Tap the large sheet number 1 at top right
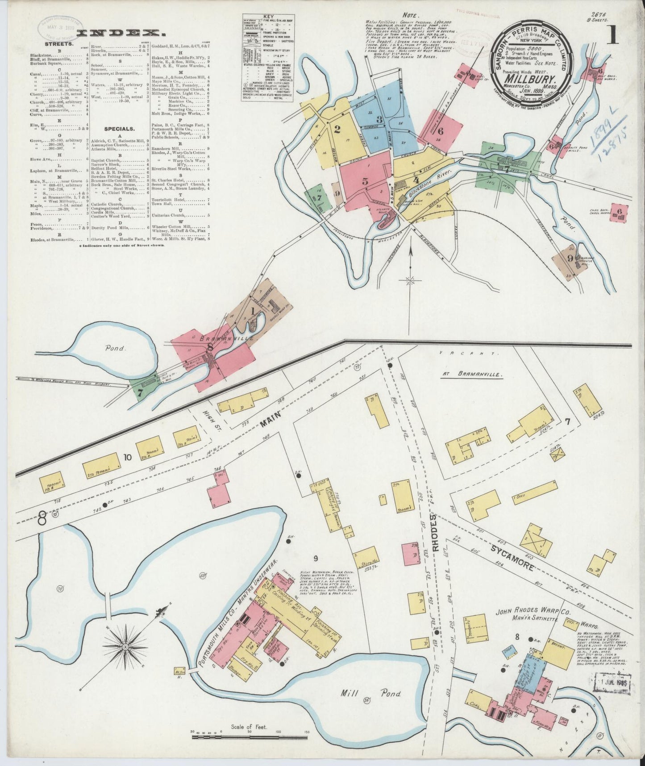tap(612, 35)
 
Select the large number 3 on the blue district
tap(379, 119)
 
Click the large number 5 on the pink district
tap(365, 181)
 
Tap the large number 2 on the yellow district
tap(337, 130)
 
